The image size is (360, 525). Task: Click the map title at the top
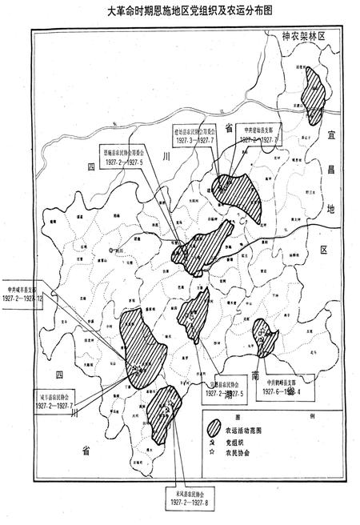[179, 12]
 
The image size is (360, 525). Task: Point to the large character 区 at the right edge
[324, 250]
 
